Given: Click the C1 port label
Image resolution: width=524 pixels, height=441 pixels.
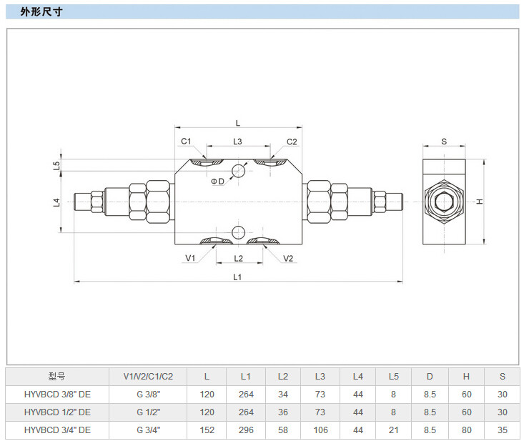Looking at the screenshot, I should coord(186,142).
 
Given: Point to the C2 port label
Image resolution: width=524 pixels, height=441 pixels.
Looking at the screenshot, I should coord(292,142).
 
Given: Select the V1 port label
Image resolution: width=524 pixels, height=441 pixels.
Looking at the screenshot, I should coord(190,258).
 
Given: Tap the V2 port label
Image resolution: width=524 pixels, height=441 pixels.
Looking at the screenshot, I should coord(288,258).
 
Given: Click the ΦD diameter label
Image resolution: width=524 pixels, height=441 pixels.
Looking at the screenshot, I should coord(217,182).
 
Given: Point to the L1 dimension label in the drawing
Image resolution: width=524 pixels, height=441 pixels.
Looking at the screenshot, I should coord(238,276).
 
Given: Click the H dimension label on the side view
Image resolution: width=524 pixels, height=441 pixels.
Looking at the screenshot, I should coord(481,202).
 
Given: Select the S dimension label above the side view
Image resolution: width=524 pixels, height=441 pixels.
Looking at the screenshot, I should coord(443,142).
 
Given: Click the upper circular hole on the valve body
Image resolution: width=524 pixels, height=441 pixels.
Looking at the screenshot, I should coord(238,169).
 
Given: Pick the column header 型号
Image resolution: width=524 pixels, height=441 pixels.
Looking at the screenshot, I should coord(57,376).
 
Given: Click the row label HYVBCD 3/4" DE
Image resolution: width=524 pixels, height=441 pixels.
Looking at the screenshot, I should coord(57,430).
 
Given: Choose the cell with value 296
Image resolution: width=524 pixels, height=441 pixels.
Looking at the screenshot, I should coord(246,430).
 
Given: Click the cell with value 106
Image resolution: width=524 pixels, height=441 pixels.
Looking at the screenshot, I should coord(320,430).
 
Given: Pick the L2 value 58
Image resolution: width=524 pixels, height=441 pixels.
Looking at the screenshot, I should coord(282,430).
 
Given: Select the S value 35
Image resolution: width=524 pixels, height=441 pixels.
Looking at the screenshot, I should coord(502,430).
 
